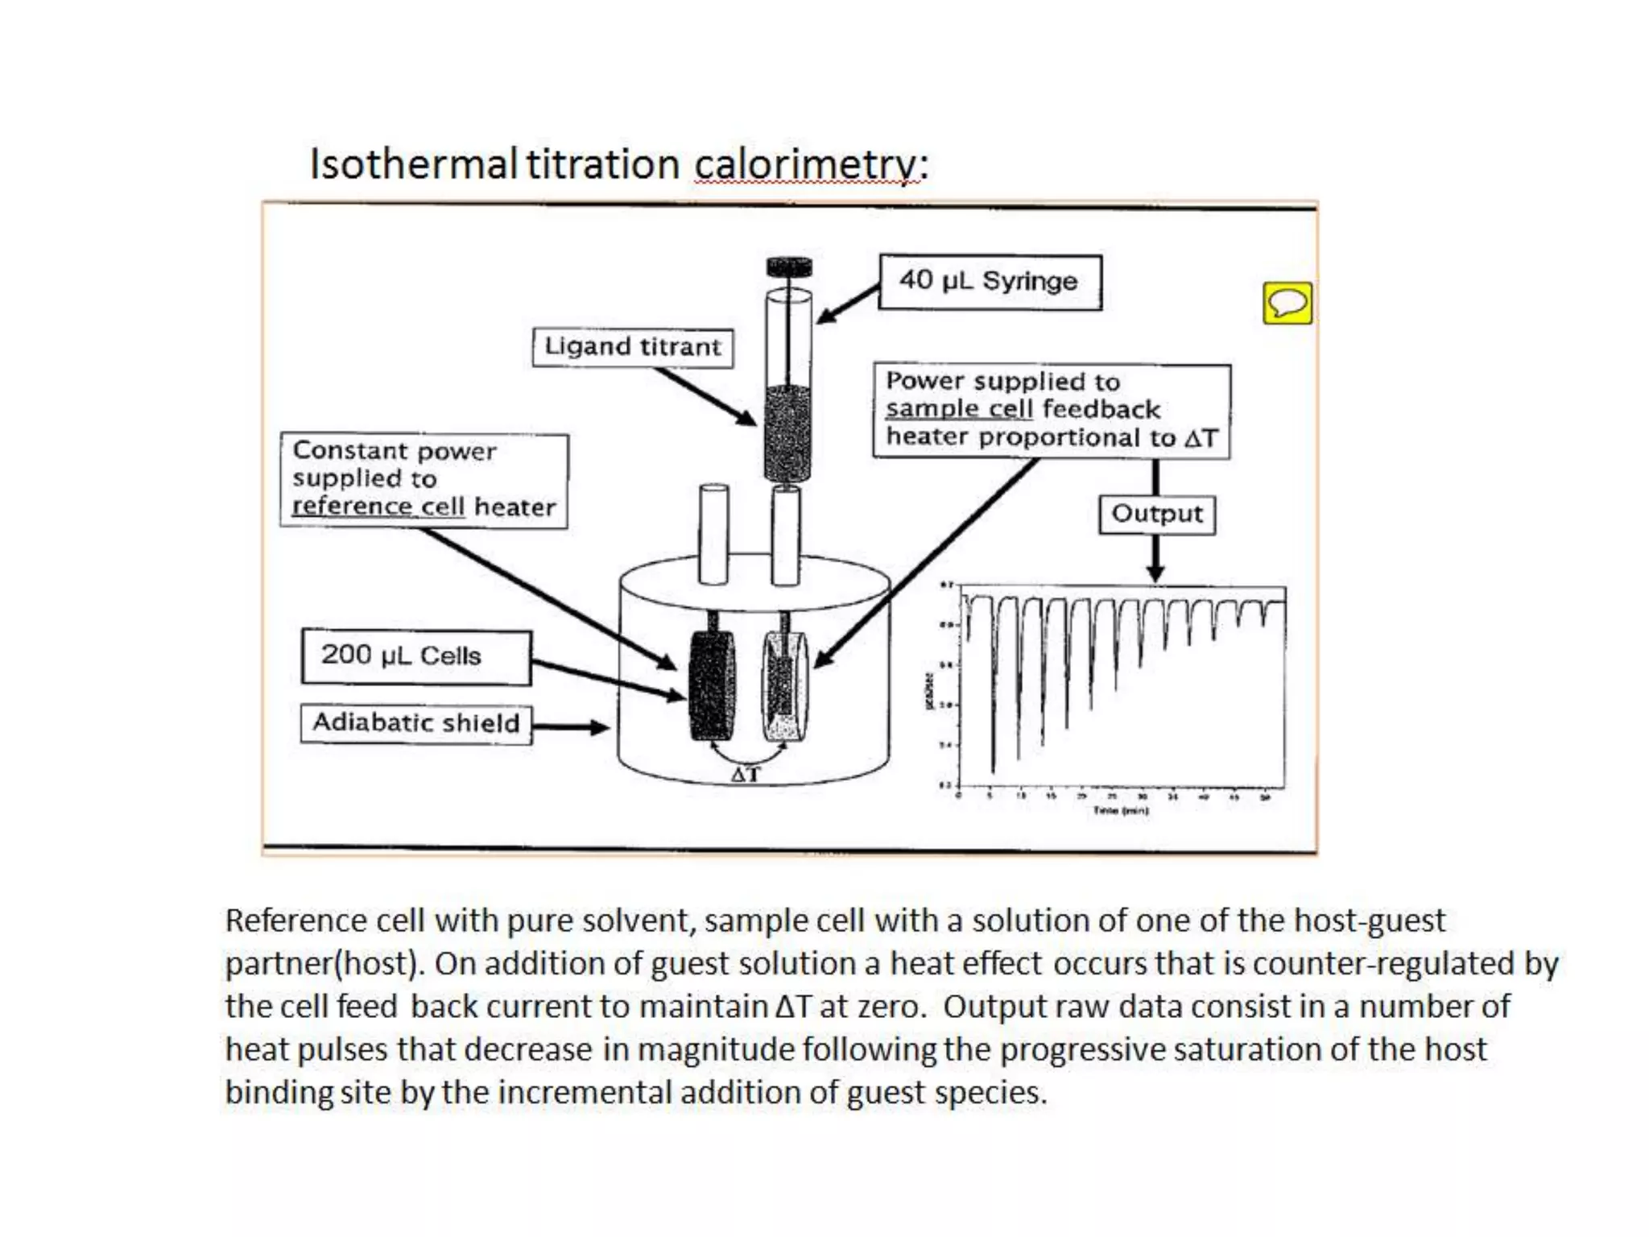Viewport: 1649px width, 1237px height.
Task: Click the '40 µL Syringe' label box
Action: click(990, 282)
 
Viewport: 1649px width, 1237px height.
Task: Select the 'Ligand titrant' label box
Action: click(633, 347)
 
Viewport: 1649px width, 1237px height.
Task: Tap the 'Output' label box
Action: click(1157, 514)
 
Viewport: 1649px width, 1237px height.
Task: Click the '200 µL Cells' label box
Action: click(416, 656)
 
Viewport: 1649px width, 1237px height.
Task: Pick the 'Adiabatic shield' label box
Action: click(416, 723)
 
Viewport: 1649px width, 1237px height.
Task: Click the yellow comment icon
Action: click(1287, 304)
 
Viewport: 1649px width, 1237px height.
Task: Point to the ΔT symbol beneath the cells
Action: click(746, 775)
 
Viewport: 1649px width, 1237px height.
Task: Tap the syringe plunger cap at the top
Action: click(789, 267)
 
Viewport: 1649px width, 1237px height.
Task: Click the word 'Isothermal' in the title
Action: click(413, 165)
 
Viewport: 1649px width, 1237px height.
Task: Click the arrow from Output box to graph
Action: click(1155, 559)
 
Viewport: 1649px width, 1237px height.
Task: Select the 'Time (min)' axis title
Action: click(1121, 811)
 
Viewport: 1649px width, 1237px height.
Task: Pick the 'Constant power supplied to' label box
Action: click(424, 480)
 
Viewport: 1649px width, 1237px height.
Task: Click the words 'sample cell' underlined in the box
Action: click(959, 409)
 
